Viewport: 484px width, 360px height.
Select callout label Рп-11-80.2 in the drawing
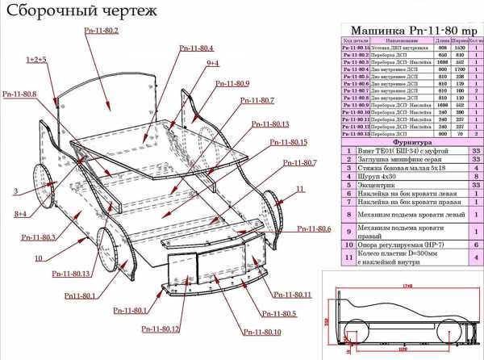(x=101, y=30)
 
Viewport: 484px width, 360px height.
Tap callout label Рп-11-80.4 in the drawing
(x=194, y=48)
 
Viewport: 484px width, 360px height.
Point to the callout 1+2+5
(x=36, y=60)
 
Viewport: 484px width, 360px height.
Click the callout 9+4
(x=212, y=63)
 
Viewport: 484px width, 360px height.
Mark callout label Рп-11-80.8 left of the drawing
(x=19, y=94)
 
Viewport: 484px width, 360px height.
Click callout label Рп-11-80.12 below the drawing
(x=160, y=329)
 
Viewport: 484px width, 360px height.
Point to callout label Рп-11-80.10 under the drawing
(x=262, y=332)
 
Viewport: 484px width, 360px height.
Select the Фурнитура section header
(x=411, y=140)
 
